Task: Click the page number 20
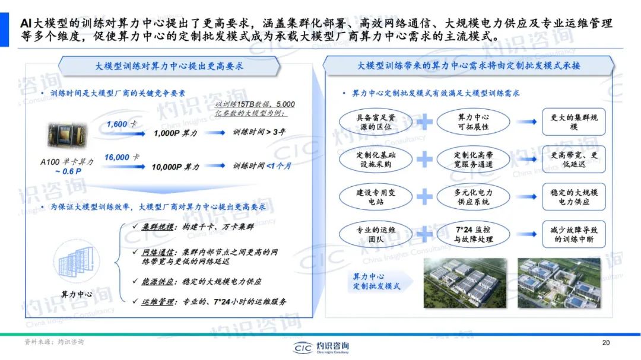point(605,342)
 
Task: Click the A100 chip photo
point(68,135)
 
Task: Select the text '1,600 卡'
point(122,124)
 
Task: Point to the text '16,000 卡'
point(122,157)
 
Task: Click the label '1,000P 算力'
point(175,133)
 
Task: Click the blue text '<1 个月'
point(279,165)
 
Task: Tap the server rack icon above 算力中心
point(77,262)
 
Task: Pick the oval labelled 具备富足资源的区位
point(375,122)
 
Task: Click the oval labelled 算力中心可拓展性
point(473,122)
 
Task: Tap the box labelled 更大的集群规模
point(573,122)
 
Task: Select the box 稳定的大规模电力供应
point(573,196)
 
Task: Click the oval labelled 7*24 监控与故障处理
point(473,234)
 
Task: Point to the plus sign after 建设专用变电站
point(424,196)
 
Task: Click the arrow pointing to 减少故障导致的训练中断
point(526,234)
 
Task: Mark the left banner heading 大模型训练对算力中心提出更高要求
point(169,66)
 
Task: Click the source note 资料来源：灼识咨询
point(54,342)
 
